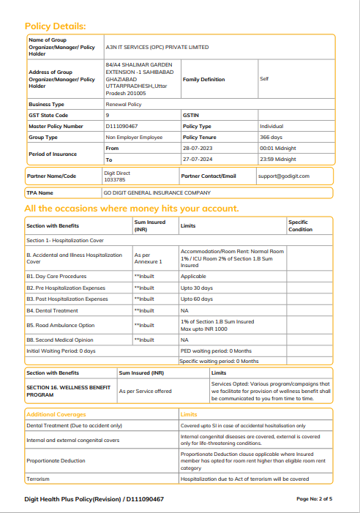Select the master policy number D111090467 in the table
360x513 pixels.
pyautogui.click(x=121, y=126)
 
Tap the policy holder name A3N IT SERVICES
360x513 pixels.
pyautogui.click(x=157, y=47)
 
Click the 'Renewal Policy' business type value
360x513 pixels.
pyautogui.click(x=124, y=105)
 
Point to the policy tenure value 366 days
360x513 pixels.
pyautogui.click(x=271, y=137)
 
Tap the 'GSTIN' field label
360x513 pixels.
pyautogui.click(x=190, y=116)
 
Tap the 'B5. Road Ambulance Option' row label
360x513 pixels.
pyautogui.click(x=61, y=325)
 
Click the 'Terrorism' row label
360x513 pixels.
pyautogui.click(x=38, y=479)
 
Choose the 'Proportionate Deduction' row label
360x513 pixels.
pyautogui.click(x=56, y=461)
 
